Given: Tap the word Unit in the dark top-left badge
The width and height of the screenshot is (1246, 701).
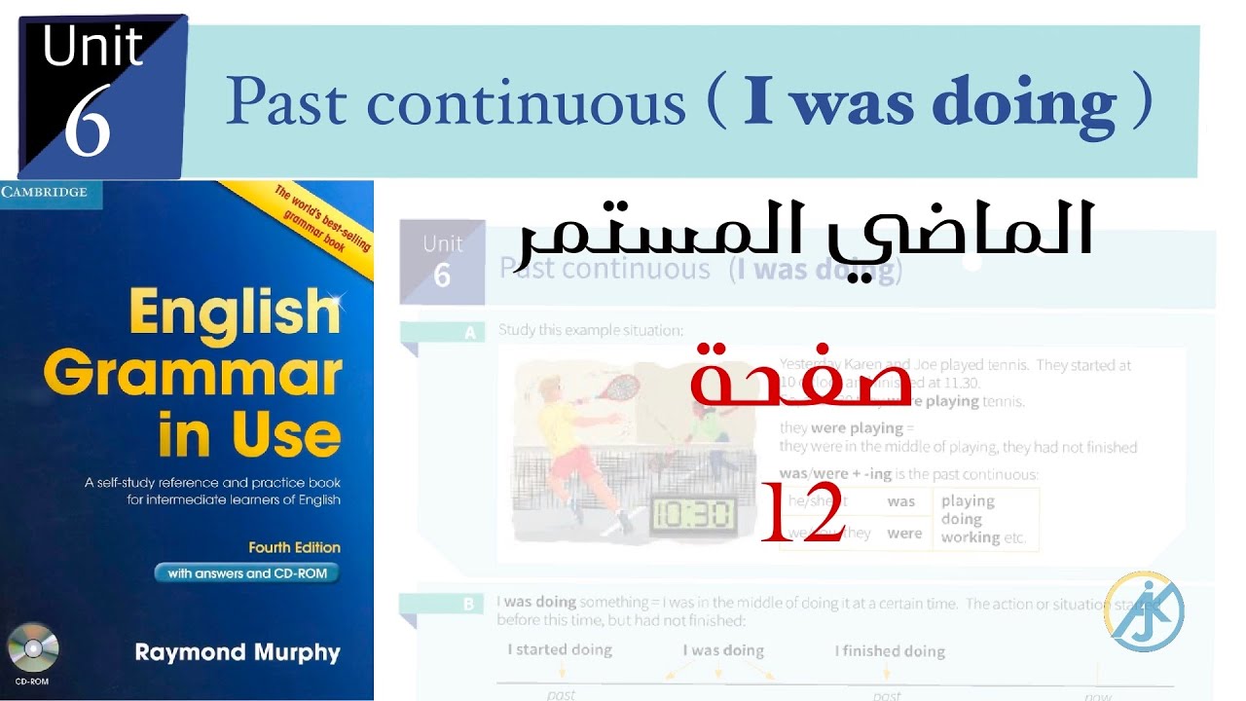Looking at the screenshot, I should [92, 47].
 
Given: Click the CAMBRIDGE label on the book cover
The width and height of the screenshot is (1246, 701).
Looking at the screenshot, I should [44, 192].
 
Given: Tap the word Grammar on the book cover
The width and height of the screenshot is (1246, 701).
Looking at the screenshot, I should [193, 374].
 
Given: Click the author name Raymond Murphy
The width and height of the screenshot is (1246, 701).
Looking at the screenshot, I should [238, 652].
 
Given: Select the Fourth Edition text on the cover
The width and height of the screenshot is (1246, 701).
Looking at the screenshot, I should [294, 547].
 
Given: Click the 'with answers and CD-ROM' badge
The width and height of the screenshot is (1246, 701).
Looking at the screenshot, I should [248, 573].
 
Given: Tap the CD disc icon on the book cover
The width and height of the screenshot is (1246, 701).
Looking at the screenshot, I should [33, 648].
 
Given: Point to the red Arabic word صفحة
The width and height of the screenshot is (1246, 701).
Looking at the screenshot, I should [800, 380].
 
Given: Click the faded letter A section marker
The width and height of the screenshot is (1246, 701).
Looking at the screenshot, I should [471, 333].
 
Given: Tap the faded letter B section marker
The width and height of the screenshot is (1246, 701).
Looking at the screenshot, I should [469, 605].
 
